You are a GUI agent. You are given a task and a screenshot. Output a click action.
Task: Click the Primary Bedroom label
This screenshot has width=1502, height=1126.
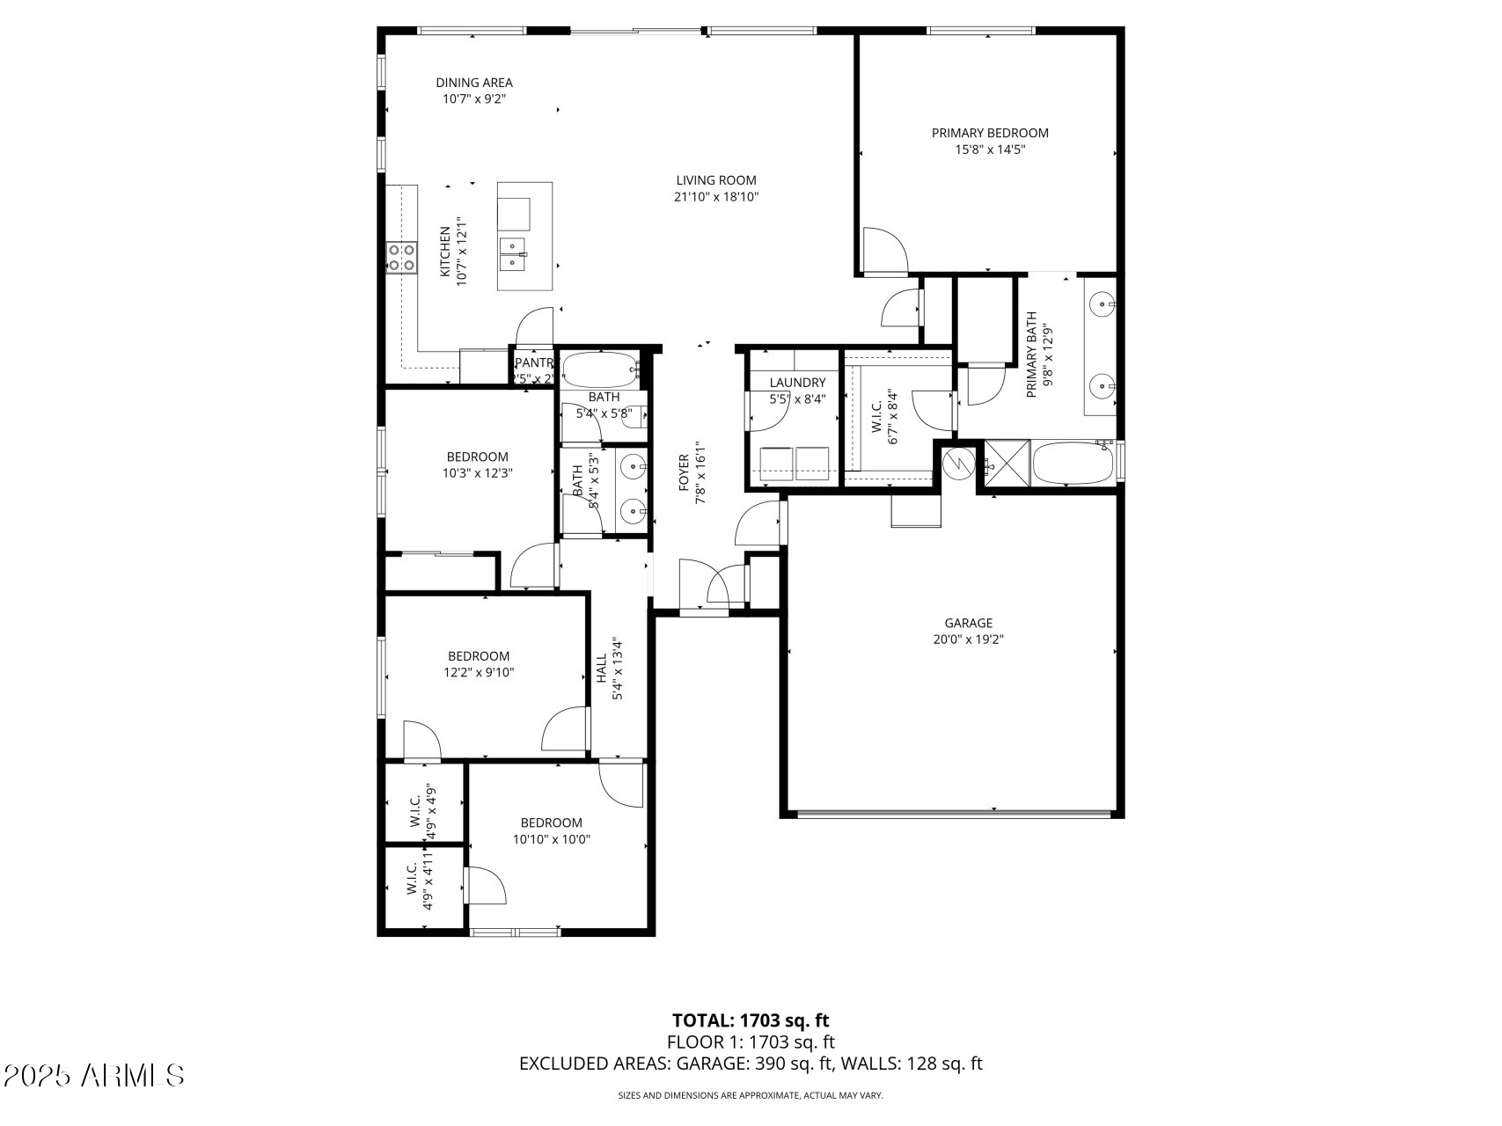click(x=990, y=133)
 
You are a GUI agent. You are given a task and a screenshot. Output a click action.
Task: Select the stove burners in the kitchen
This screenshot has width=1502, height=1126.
click(x=401, y=257)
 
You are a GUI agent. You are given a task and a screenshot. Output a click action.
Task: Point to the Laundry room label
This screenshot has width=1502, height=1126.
click(x=797, y=383)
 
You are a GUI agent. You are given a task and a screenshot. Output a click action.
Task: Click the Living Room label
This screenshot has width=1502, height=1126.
click(x=715, y=180)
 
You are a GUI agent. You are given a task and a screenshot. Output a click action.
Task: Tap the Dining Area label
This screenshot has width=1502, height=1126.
click(x=473, y=83)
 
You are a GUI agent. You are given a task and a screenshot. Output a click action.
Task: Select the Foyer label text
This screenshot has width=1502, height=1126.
click(x=684, y=479)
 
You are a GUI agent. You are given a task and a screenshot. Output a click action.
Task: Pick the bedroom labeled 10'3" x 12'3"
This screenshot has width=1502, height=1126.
click(x=477, y=464)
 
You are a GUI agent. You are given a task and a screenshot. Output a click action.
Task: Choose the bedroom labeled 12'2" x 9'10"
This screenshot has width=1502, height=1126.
click(x=479, y=664)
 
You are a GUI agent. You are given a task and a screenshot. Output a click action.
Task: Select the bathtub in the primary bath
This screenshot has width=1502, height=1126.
click(x=1072, y=463)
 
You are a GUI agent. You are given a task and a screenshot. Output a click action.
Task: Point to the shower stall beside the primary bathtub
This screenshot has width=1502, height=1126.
click(x=1007, y=463)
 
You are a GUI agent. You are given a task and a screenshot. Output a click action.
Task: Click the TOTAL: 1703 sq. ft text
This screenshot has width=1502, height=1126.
click(x=751, y=1020)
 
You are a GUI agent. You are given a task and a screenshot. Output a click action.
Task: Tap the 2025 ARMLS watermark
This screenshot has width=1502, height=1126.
click(x=94, y=1075)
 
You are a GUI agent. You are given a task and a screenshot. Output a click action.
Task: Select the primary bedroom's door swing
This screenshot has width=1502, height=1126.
click(x=883, y=250)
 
